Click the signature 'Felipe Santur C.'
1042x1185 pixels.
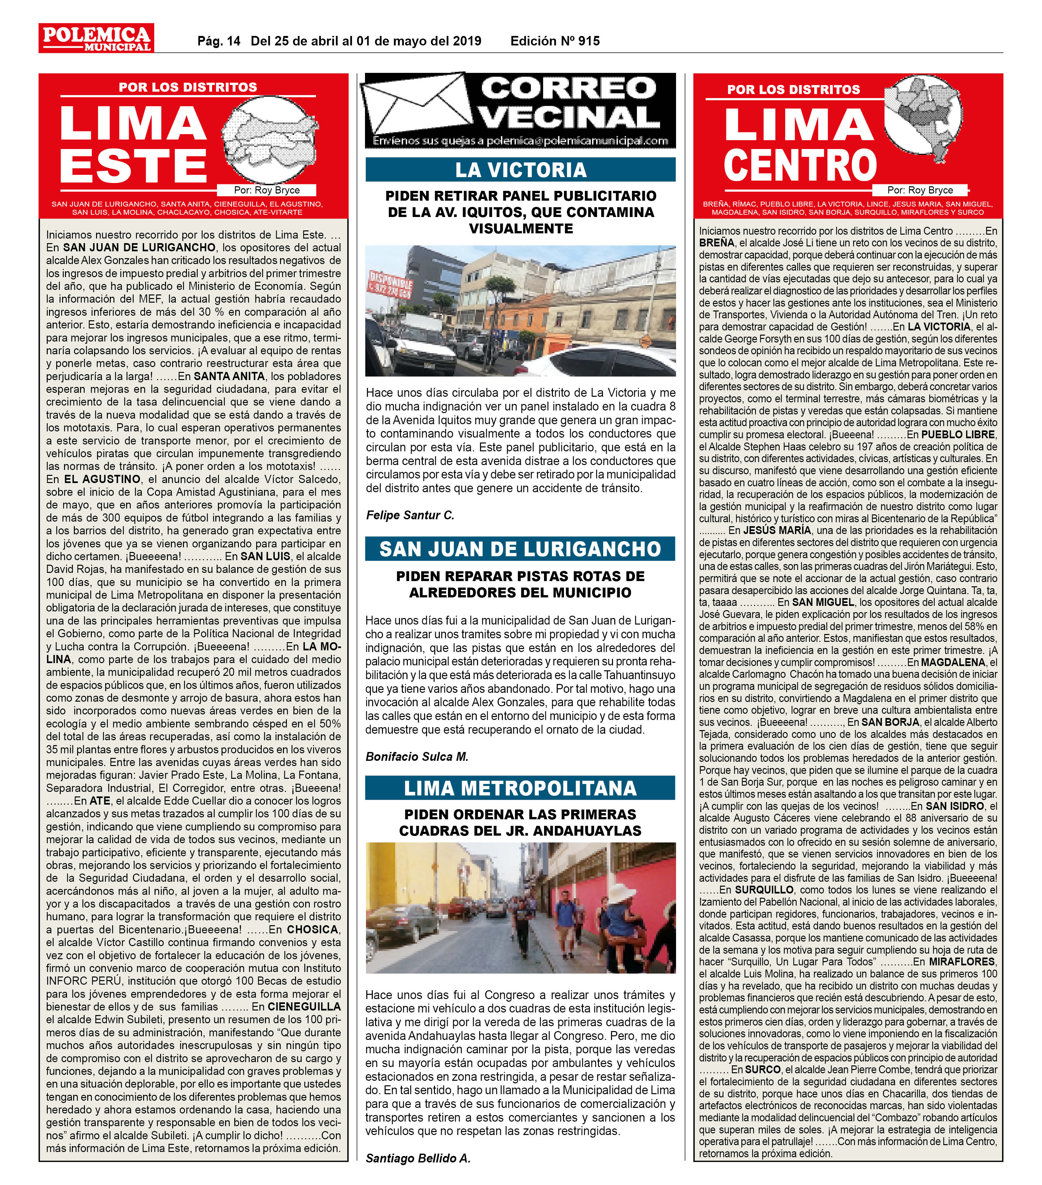click(x=410, y=515)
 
